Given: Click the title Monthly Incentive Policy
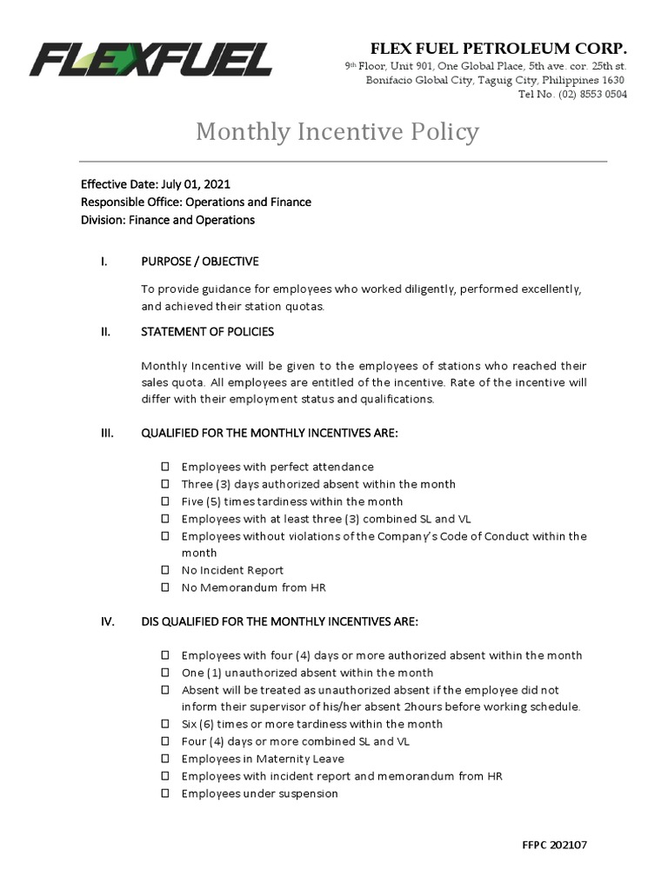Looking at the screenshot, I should pos(337,131).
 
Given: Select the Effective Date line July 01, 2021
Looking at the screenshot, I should pos(156,184).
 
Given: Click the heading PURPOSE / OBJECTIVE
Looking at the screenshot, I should pos(199,262).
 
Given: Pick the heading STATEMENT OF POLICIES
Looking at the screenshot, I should pos(207,331).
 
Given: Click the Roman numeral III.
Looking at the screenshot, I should pos(107,433).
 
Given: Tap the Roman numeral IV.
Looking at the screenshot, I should pos(108,621).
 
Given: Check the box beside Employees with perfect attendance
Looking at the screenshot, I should pos(165,468).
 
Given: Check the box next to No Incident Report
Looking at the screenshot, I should pos(165,570).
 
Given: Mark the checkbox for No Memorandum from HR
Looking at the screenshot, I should pos(165,588).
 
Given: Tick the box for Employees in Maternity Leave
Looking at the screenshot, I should pos(165,759).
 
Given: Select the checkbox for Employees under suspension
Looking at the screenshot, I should pos(165,794).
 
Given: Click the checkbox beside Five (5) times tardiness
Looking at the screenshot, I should pos(165,501).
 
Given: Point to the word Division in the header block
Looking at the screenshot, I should pos(103,220).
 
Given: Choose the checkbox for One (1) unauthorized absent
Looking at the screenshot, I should pos(165,673).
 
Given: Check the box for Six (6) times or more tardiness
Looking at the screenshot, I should pos(165,724).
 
